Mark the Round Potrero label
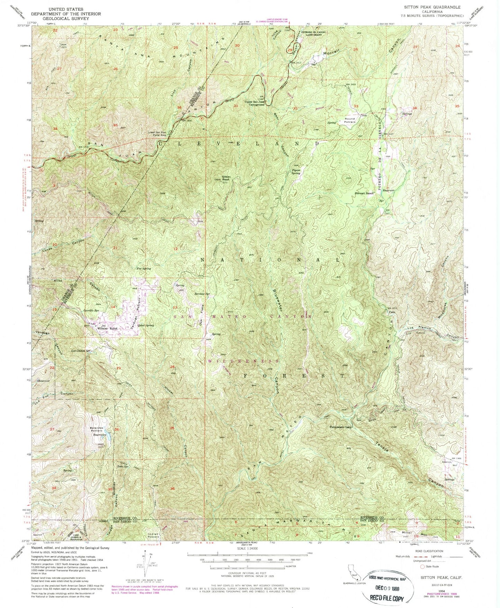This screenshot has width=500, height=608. pos(349,121)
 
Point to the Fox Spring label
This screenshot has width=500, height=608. pos(144,268)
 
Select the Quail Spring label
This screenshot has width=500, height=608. pos(145,325)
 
